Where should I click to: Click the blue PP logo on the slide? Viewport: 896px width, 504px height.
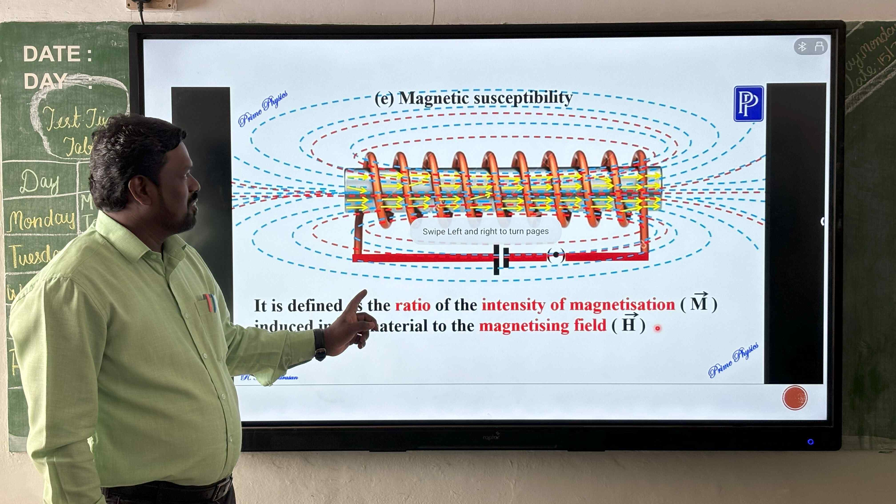point(748,104)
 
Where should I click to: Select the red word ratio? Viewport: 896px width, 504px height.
point(413,305)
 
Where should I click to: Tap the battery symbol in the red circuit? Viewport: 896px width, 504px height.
point(501,259)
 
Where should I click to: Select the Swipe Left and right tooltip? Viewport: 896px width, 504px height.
point(486,232)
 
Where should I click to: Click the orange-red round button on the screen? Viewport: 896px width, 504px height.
point(795,398)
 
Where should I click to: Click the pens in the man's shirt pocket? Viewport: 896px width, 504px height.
point(210,303)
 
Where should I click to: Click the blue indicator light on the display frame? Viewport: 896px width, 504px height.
point(810,442)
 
